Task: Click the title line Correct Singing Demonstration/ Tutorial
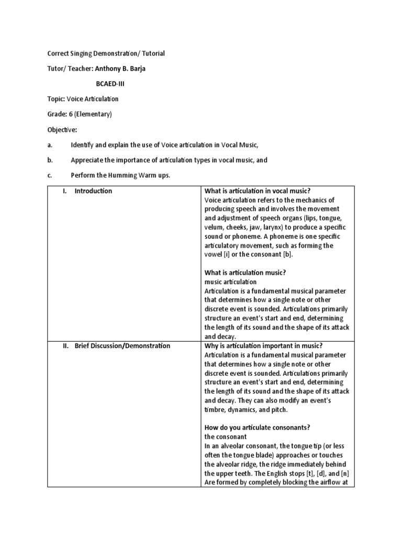(x=106, y=53)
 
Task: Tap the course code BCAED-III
(x=110, y=84)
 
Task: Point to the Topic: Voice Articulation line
(x=83, y=99)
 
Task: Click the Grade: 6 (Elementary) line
(x=80, y=114)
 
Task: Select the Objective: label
(x=62, y=129)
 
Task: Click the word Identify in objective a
(x=84, y=144)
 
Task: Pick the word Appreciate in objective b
(x=88, y=160)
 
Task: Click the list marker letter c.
(x=49, y=175)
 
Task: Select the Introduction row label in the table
(x=93, y=191)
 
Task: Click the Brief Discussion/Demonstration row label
(x=122, y=345)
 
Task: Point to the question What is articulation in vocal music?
(x=261, y=191)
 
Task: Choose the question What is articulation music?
(x=245, y=273)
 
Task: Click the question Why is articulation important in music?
(x=264, y=345)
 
